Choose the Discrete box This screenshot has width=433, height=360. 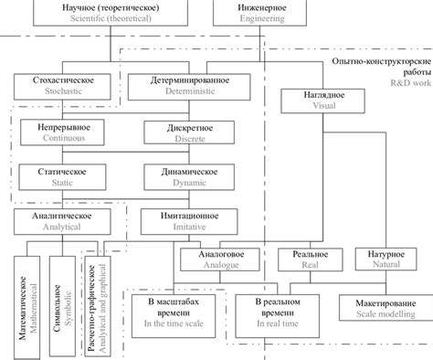[191, 132]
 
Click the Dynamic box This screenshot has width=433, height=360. [191, 175]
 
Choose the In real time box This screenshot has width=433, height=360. [273, 312]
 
